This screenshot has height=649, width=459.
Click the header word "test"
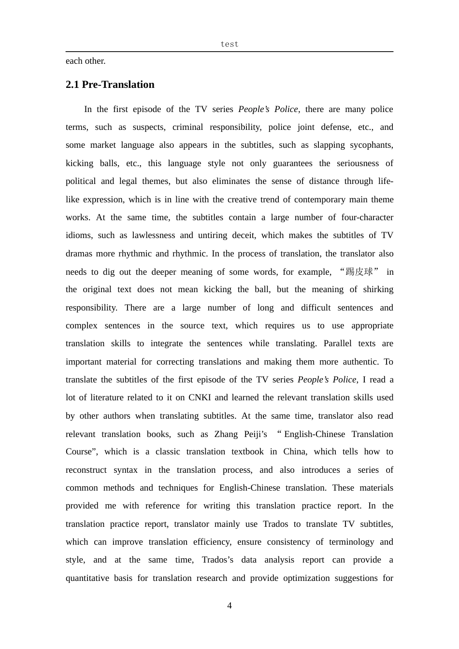229,44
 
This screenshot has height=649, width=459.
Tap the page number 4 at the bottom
229,606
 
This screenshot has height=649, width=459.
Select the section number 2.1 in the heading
72,85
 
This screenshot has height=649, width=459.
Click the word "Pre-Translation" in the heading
118,85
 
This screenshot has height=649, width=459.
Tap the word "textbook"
247,451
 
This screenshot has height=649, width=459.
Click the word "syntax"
126,470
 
